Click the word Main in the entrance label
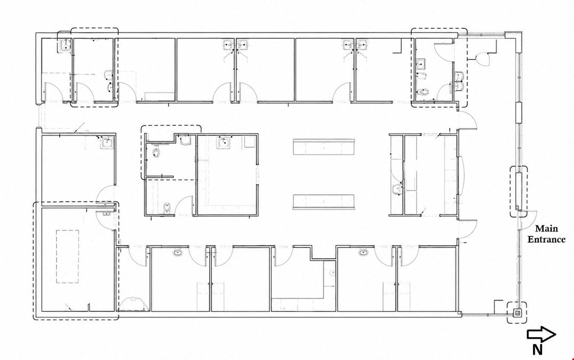[547, 229]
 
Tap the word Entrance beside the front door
[546, 239]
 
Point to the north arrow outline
[541, 334]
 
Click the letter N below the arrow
[537, 350]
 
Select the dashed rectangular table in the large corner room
[67, 256]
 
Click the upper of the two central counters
[324, 147]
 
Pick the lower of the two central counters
[324, 202]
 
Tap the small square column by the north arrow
[517, 313]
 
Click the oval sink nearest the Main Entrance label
[363, 252]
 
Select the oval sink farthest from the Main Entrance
[178, 252]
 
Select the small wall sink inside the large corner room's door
[107, 213]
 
